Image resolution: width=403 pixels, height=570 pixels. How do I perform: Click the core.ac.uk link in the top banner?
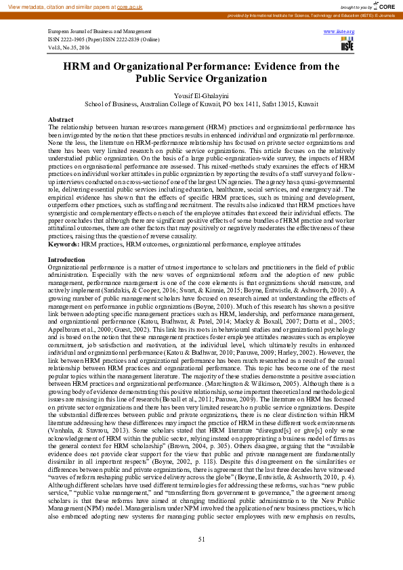[x=130, y=5]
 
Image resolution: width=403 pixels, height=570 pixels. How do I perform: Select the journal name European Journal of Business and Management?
[x=100, y=32]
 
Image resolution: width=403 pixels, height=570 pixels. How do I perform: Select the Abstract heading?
[x=60, y=118]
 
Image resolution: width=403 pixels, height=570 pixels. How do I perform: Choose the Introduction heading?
[x=66, y=260]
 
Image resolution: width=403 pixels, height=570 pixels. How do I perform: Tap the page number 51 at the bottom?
[x=201, y=538]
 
